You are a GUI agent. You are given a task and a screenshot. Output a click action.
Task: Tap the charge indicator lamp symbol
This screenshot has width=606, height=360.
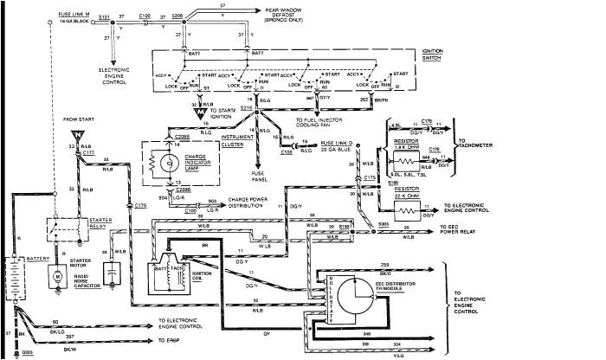(158, 161)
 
